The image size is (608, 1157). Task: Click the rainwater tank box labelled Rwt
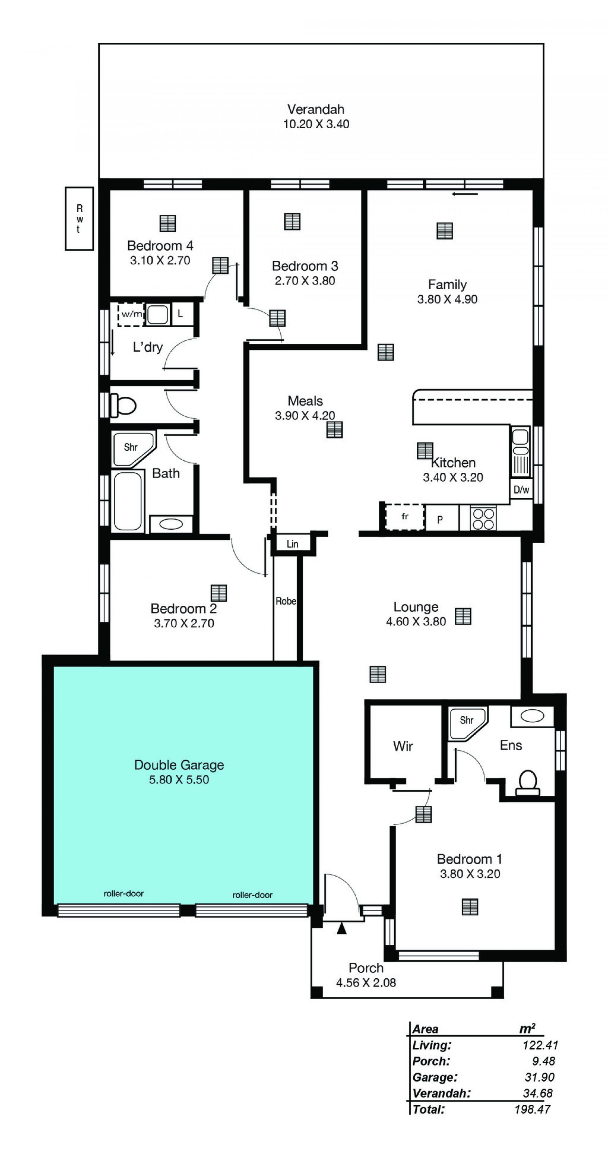79,218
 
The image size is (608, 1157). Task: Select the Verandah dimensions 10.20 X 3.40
316,124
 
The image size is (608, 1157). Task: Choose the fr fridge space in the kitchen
405,517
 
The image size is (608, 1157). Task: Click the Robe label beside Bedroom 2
286,601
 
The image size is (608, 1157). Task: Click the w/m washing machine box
131,314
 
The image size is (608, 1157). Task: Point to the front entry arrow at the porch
342,928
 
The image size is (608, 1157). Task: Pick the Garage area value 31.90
539,1077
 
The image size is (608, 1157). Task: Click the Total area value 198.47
533,1109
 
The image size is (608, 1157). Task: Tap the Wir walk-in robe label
403,746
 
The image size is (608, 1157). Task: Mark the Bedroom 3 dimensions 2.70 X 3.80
305,281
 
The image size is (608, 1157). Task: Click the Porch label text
366,968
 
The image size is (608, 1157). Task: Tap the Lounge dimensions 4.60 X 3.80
416,622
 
